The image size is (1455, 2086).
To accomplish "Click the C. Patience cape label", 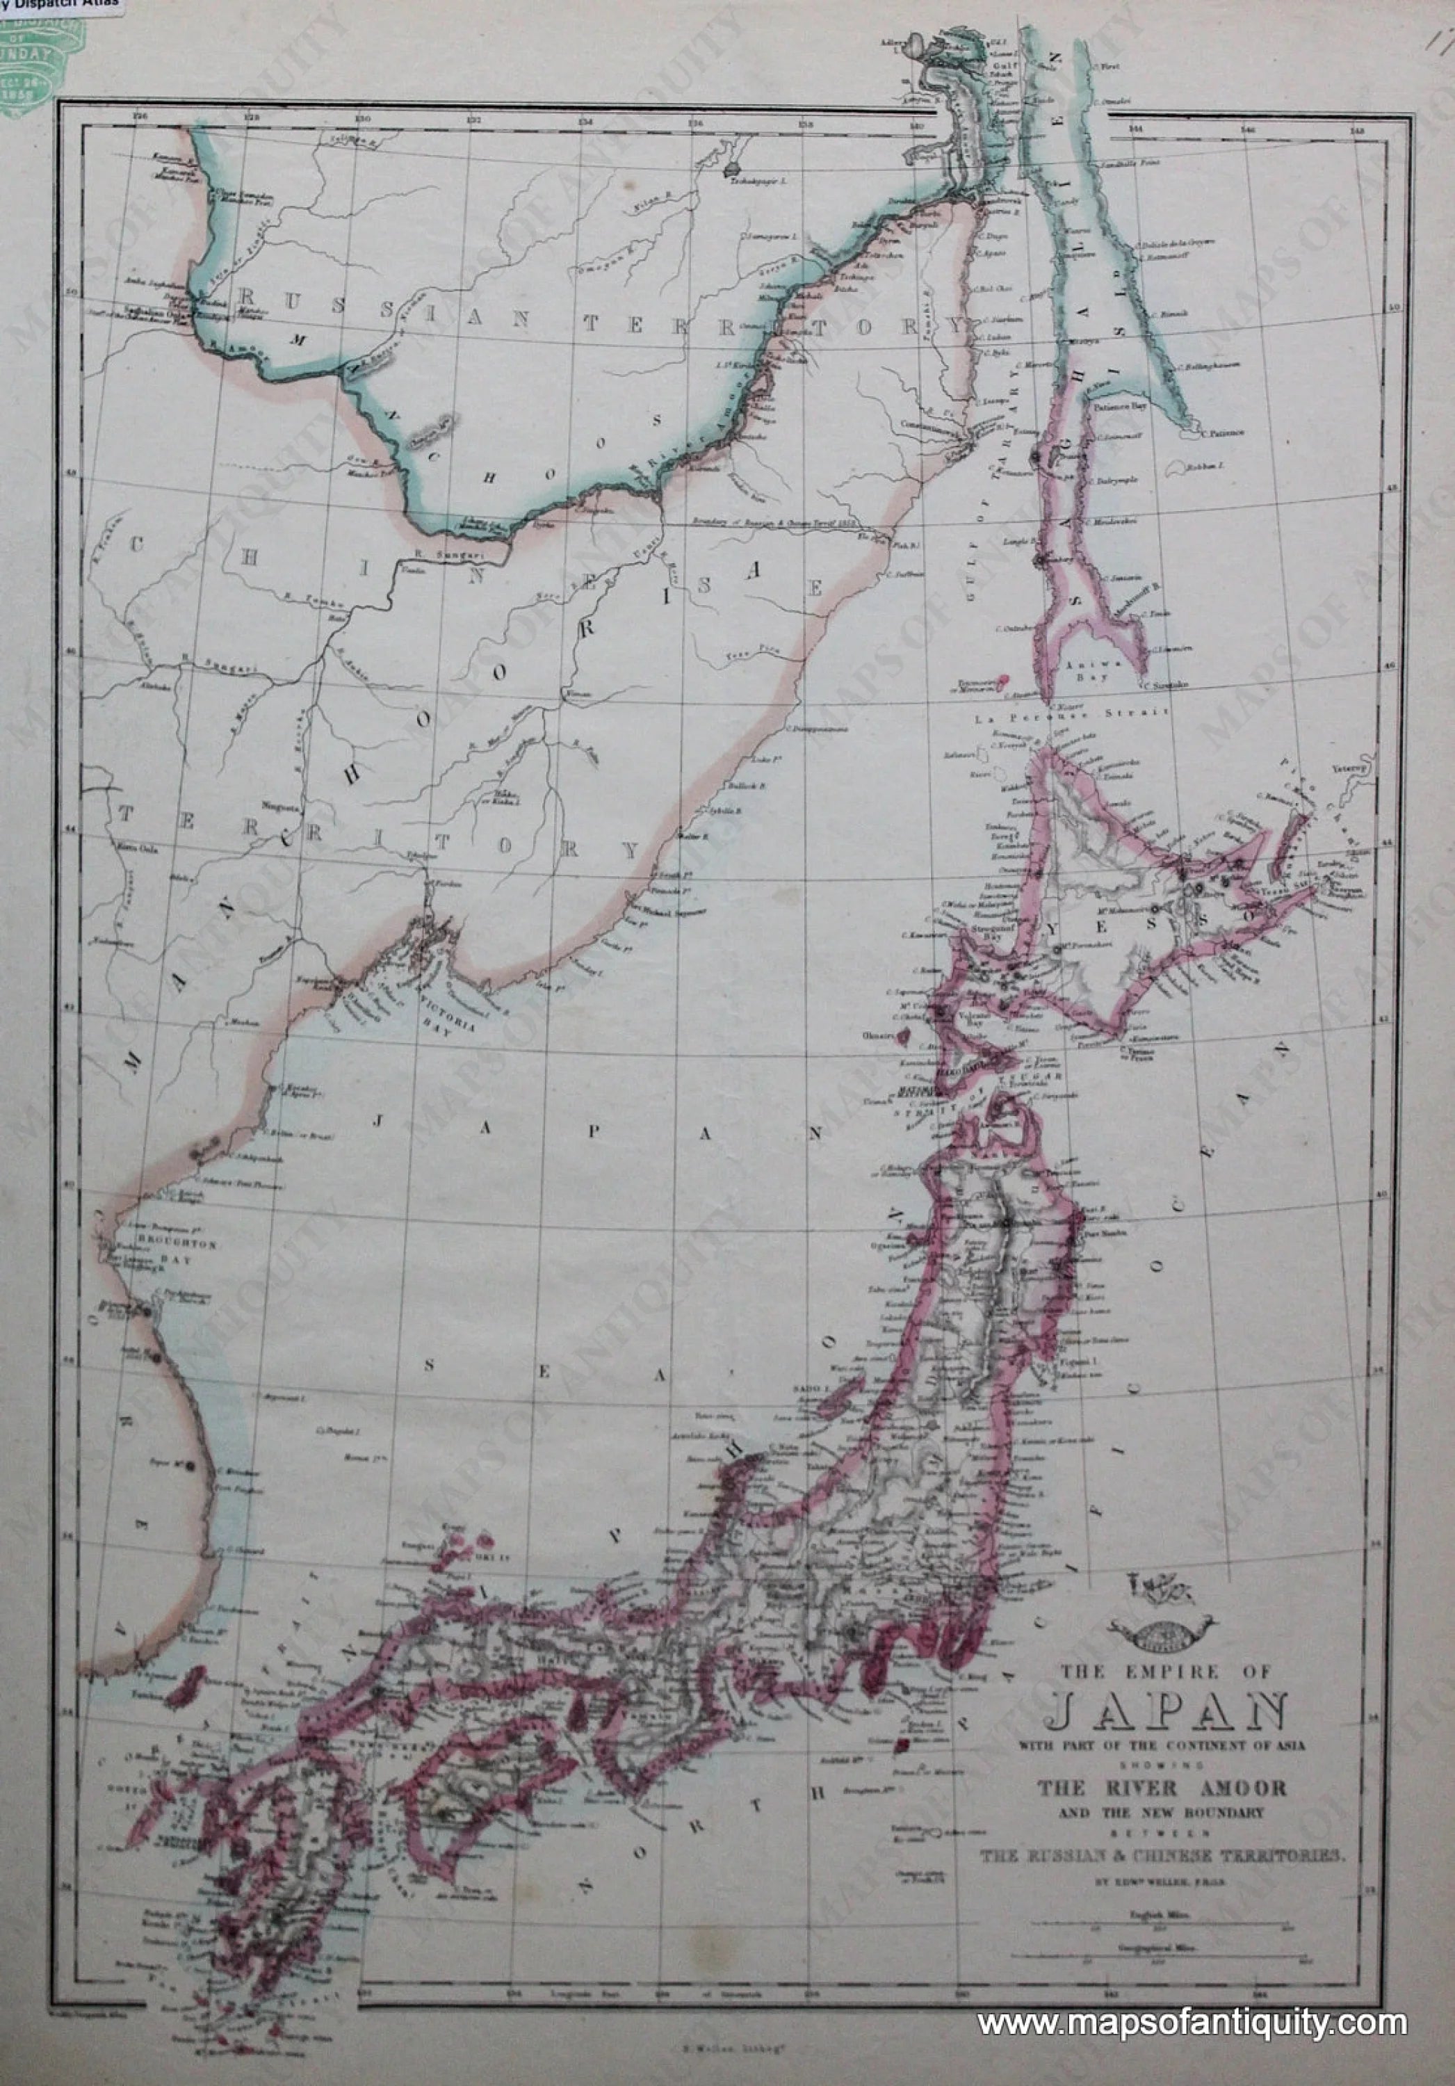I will [x=1224, y=432].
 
